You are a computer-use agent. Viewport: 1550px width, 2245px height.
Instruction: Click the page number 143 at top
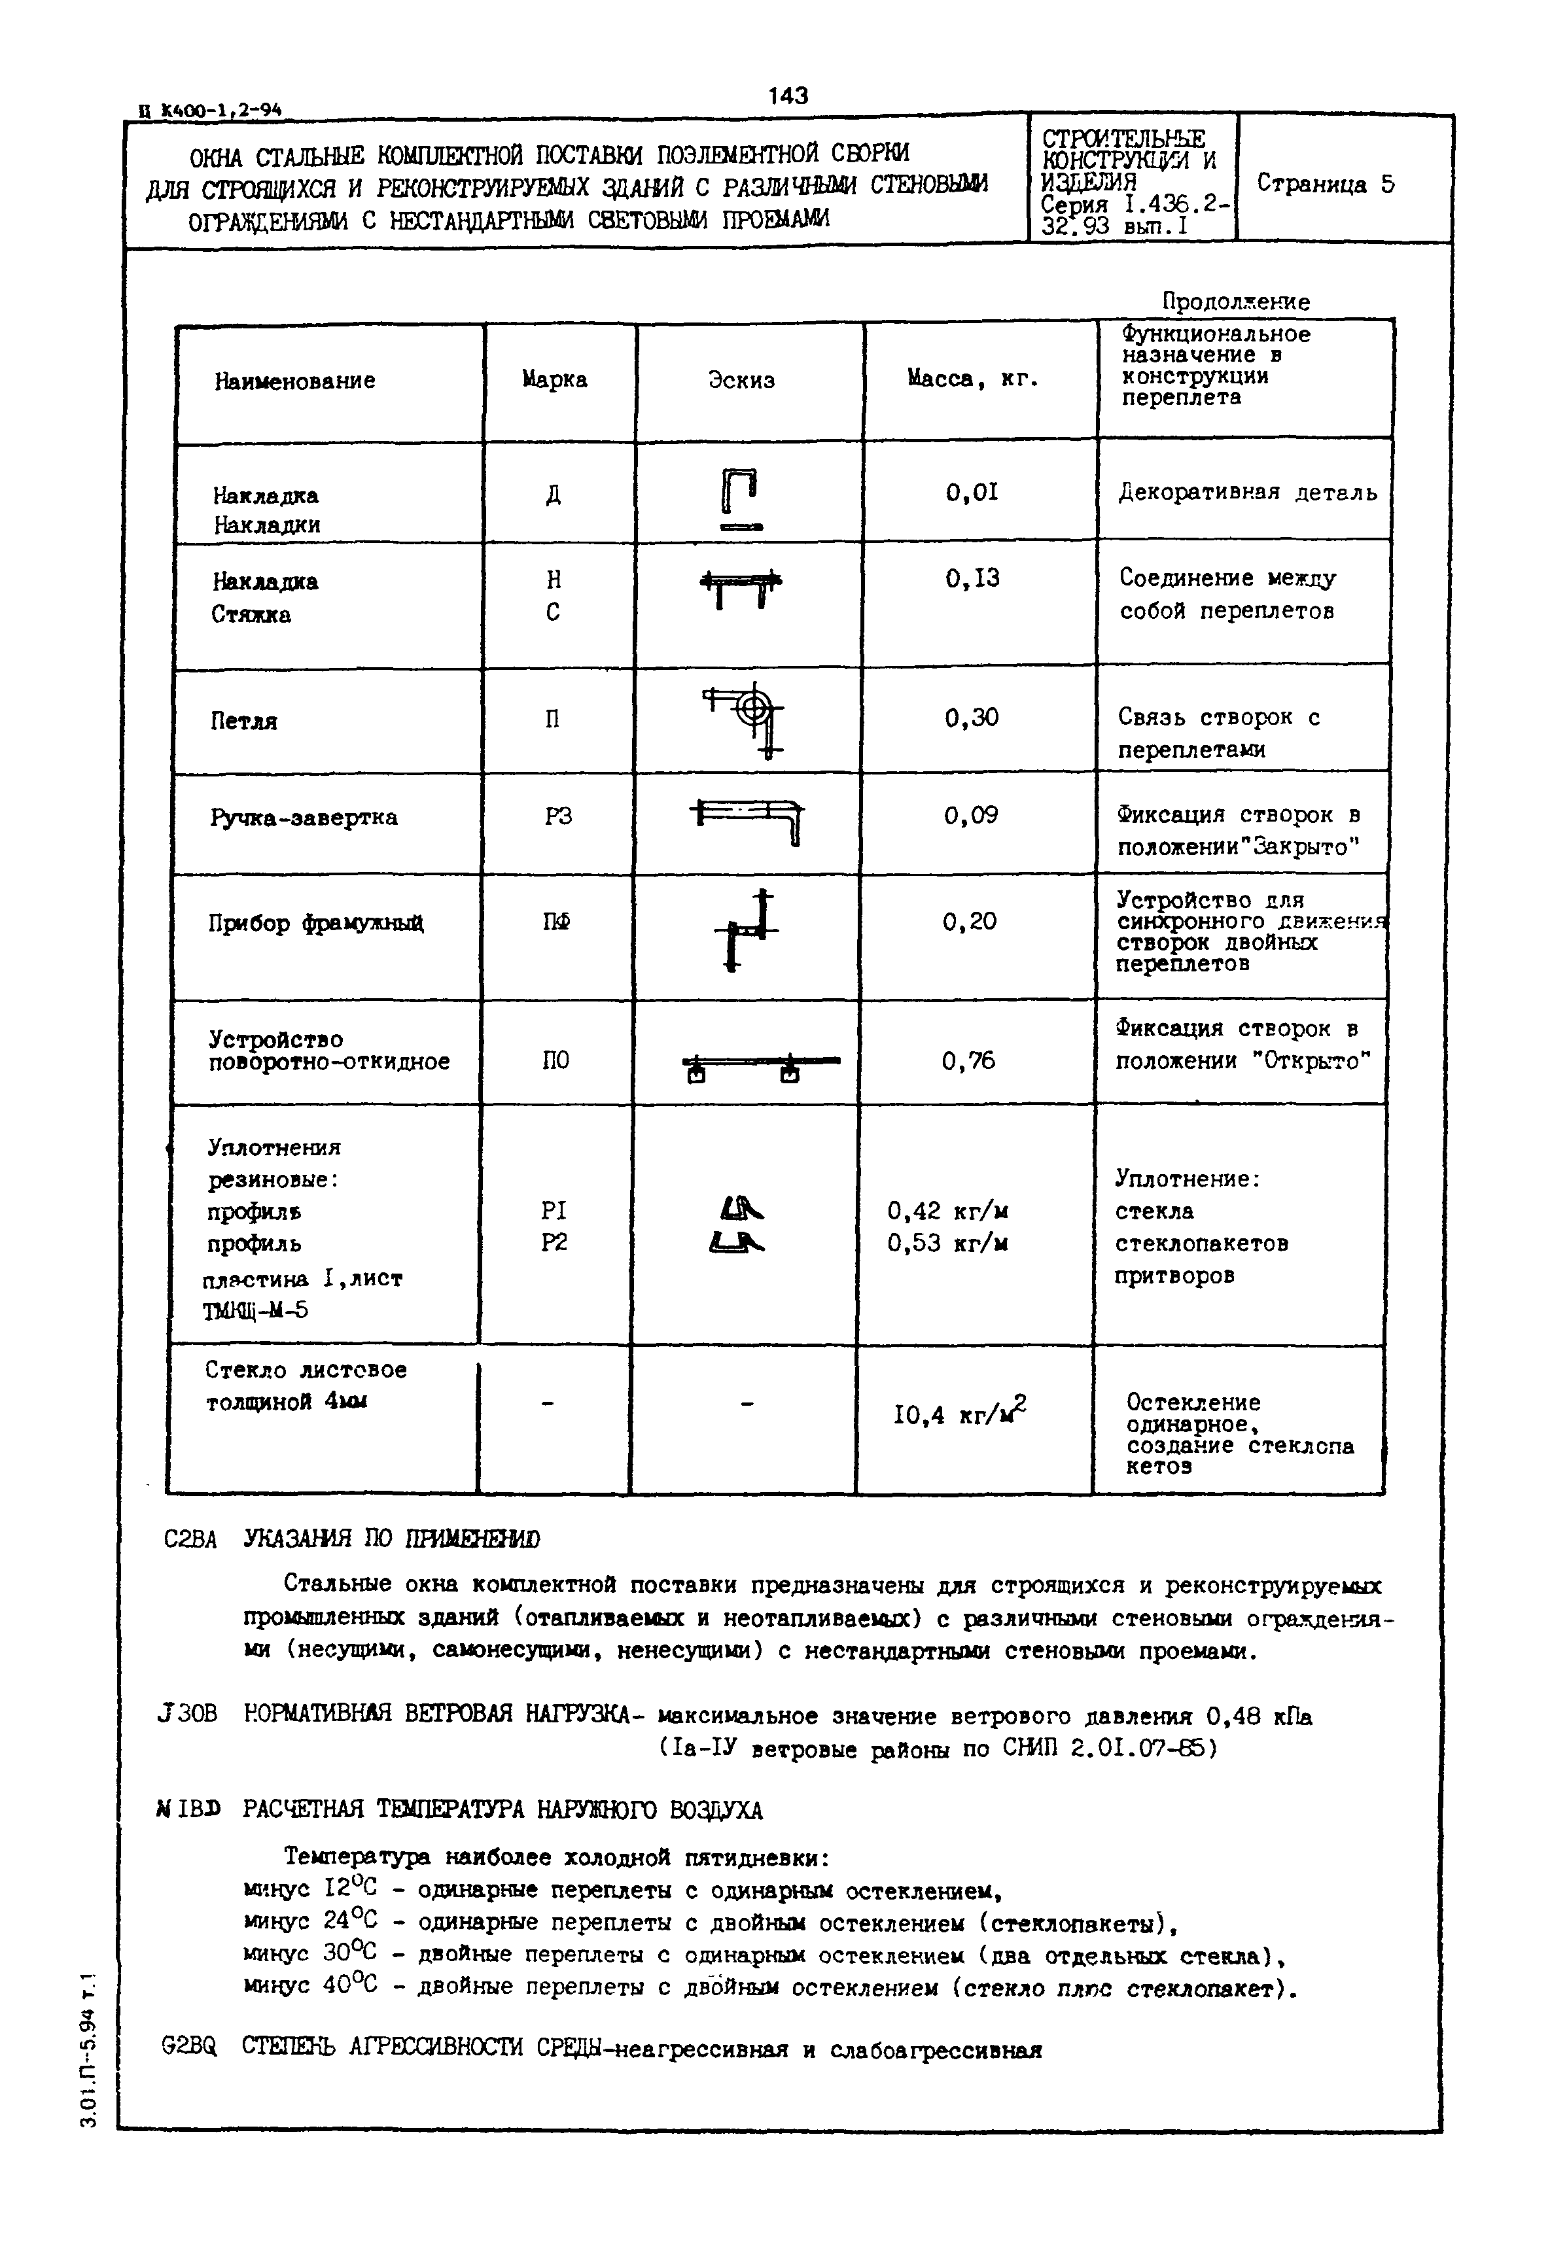[788, 95]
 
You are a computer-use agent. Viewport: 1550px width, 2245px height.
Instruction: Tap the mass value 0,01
[972, 493]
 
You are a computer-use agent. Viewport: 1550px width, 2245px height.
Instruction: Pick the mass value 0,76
[968, 1061]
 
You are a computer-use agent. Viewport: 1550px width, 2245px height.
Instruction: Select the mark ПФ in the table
[555, 922]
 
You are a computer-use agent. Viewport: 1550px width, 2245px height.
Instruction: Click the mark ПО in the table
[555, 1061]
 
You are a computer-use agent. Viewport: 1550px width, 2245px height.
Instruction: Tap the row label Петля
[244, 722]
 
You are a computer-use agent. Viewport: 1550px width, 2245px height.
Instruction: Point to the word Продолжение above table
[1235, 302]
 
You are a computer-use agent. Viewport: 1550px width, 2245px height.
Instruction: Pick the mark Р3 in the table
[557, 816]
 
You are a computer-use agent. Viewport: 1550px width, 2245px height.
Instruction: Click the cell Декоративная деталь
[1247, 493]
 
